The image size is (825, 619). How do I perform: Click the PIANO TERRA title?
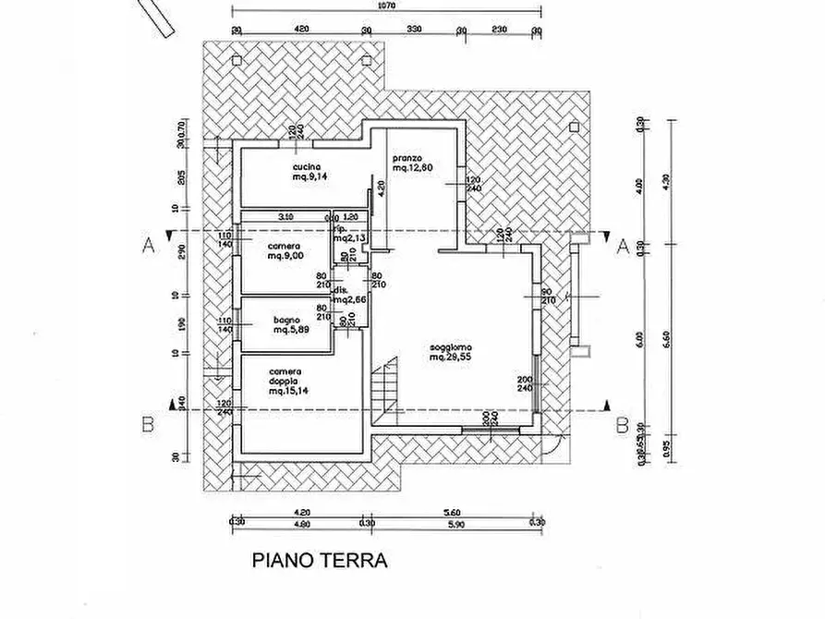click(x=320, y=560)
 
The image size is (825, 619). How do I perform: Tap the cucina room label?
click(x=307, y=166)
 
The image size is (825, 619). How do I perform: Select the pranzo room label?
click(x=406, y=158)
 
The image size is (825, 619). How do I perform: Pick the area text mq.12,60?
click(x=412, y=168)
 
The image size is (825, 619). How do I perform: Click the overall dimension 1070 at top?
click(x=387, y=6)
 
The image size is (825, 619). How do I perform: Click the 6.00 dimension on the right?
click(x=639, y=339)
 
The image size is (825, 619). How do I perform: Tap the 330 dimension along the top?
click(x=414, y=30)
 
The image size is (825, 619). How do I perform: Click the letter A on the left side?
click(x=146, y=246)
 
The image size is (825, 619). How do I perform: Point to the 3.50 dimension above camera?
click(x=285, y=216)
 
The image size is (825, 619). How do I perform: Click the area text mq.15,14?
click(x=288, y=392)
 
